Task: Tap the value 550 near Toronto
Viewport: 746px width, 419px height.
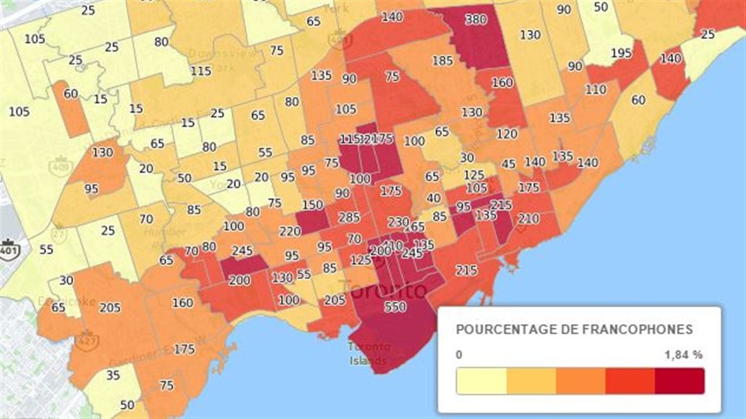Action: pyautogui.click(x=396, y=306)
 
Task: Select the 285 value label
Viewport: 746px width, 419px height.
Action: pyautogui.click(x=349, y=217)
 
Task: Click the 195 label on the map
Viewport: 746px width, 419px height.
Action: pyautogui.click(x=621, y=54)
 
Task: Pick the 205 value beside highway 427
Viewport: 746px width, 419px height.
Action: pyautogui.click(x=110, y=308)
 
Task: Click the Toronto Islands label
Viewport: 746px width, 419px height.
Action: pyautogui.click(x=369, y=353)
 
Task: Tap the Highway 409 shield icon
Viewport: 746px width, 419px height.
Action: pyautogui.click(x=61, y=166)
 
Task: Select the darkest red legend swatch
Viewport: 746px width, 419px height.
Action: pyautogui.click(x=679, y=381)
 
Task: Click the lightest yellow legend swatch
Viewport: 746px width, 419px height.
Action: pyautogui.click(x=481, y=381)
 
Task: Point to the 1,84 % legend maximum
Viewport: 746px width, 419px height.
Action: pyautogui.click(x=683, y=355)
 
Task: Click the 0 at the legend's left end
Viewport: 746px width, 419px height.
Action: pyautogui.click(x=459, y=355)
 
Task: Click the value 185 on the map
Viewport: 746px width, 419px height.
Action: pyautogui.click(x=442, y=60)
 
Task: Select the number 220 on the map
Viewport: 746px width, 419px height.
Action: pyautogui.click(x=289, y=231)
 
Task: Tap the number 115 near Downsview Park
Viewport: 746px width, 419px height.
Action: pyautogui.click(x=201, y=70)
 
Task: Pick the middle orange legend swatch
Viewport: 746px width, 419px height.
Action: pyautogui.click(x=580, y=381)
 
